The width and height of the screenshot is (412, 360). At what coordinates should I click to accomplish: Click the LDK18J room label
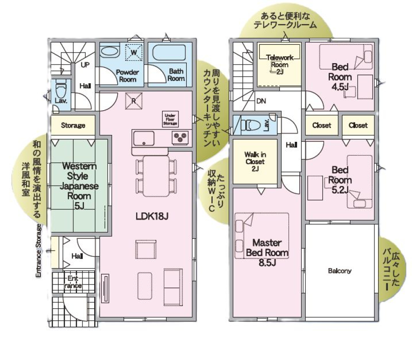pyautogui.click(x=152, y=216)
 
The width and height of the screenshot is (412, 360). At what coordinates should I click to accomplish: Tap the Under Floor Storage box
pyautogui.click(x=170, y=119)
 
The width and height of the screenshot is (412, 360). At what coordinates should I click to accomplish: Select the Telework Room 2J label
pyautogui.click(x=280, y=64)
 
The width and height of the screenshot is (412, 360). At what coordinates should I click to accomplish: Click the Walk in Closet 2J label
pyautogui.click(x=255, y=161)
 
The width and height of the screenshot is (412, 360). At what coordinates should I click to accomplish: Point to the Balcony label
pyautogui.click(x=340, y=271)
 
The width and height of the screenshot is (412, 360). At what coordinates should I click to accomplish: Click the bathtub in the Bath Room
pyautogui.click(x=169, y=53)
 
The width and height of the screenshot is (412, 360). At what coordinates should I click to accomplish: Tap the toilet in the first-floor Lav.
pyautogui.click(x=61, y=89)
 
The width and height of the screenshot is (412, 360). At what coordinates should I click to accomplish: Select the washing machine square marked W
pyautogui.click(x=134, y=53)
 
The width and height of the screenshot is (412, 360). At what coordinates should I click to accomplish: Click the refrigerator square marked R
pyautogui.click(x=134, y=101)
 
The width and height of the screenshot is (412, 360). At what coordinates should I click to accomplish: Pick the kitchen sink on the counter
pyautogui.click(x=144, y=138)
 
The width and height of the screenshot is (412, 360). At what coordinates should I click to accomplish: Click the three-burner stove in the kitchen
pyautogui.click(x=180, y=137)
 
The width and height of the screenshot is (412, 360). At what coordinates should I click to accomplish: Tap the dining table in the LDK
pyautogui.click(x=157, y=176)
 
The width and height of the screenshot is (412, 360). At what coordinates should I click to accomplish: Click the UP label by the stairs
pyautogui.click(x=85, y=64)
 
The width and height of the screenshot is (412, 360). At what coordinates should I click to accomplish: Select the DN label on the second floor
pyautogui.click(x=261, y=101)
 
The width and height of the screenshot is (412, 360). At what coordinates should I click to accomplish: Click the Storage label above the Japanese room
pyautogui.click(x=73, y=125)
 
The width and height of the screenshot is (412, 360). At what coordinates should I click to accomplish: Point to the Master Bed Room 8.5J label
pyautogui.click(x=267, y=253)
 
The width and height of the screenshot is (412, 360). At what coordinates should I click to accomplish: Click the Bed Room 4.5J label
pyautogui.click(x=340, y=77)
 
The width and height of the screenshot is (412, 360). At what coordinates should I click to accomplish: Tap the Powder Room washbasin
pyautogui.click(x=110, y=51)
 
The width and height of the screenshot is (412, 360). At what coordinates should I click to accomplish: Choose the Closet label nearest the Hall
pyautogui.click(x=322, y=125)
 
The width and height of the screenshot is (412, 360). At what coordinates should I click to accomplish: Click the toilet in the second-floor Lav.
pyautogui.click(x=250, y=125)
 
